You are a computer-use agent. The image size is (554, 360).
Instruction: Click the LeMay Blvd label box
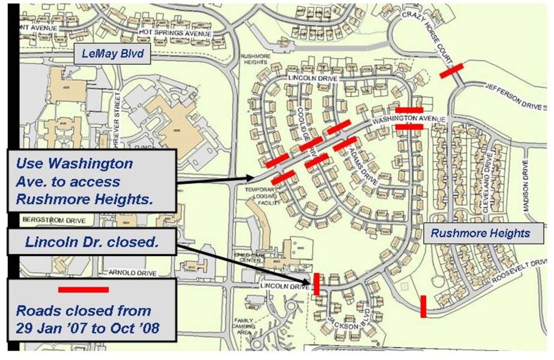point(113,53)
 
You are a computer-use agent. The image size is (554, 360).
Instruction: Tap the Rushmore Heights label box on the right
point(481,234)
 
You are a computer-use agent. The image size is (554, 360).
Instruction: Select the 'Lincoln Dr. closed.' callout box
point(92,242)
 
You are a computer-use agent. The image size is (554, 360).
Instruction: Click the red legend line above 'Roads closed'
point(84,290)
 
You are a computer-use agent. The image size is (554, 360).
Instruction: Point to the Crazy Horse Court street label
point(427,37)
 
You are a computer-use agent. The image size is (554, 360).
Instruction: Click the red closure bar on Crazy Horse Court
point(451,71)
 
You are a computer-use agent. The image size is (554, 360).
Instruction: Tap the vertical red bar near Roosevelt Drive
point(423,306)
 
